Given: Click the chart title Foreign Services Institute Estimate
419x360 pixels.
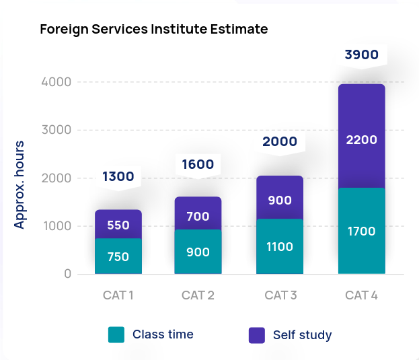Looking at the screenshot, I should [x=154, y=30].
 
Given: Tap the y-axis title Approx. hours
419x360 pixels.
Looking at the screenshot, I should [x=20, y=185].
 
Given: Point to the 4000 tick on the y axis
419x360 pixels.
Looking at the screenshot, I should [x=56, y=82].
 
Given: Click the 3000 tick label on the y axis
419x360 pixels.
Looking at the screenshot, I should [x=56, y=130].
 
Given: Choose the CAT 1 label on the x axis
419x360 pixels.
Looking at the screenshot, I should [x=118, y=295].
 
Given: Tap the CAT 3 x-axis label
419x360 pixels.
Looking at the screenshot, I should [x=280, y=295].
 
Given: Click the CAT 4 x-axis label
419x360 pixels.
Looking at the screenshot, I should [x=361, y=295].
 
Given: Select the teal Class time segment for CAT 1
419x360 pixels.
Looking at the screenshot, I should [x=118, y=256].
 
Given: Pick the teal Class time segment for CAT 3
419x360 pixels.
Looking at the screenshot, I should [x=280, y=246].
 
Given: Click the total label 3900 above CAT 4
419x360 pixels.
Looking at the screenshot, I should [x=362, y=55].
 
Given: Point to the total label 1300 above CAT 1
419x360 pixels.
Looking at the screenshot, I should [x=118, y=177].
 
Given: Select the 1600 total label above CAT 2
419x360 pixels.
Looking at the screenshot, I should [x=198, y=165].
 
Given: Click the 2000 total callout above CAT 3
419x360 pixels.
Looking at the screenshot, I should [x=280, y=141].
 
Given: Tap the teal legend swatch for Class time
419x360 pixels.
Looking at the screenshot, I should [x=116, y=334].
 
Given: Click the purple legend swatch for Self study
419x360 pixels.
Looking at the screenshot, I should [x=257, y=335].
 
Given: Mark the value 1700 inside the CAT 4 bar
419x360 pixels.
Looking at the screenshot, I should [x=361, y=231].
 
